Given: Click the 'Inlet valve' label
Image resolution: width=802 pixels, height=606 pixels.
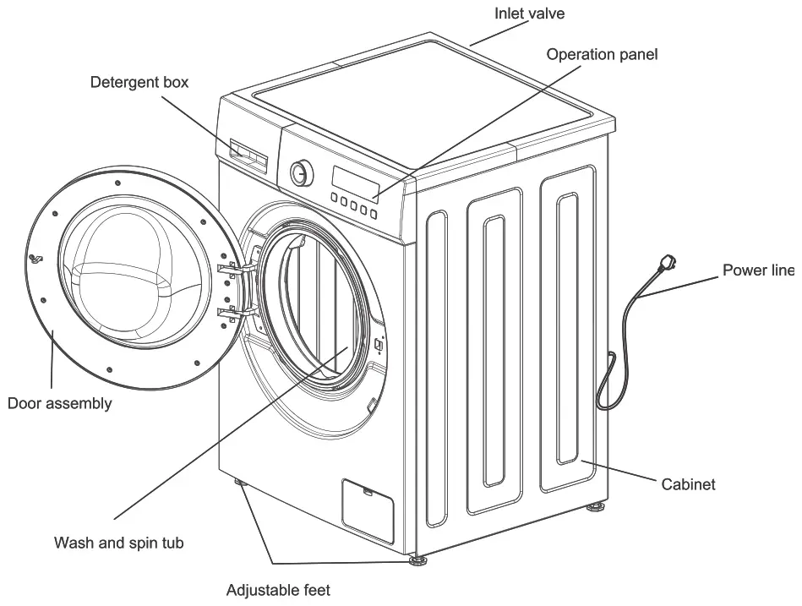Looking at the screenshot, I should (529, 14).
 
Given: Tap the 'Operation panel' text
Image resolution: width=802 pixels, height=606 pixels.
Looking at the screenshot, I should (602, 55).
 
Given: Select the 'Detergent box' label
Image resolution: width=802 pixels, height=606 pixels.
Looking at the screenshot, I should (139, 83).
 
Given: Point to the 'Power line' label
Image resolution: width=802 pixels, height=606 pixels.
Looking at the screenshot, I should (757, 270).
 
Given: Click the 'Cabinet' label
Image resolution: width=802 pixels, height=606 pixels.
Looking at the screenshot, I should (688, 484).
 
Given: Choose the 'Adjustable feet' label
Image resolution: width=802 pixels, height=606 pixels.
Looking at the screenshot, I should (278, 590).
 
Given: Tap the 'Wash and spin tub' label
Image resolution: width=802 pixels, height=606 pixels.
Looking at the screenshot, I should (118, 543).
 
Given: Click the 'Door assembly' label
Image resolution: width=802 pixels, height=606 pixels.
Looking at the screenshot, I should (59, 403).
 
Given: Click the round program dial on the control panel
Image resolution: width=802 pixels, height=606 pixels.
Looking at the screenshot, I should (300, 173).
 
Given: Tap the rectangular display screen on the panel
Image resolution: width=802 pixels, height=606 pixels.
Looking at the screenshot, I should (354, 180).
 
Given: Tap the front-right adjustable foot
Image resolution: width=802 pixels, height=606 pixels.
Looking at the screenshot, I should (416, 560).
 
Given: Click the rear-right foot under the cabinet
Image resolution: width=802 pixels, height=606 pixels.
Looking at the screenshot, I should (597, 509).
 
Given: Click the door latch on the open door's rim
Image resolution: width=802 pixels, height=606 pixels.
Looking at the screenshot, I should (35, 258).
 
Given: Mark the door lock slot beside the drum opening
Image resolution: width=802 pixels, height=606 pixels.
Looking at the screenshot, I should (379, 343).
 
